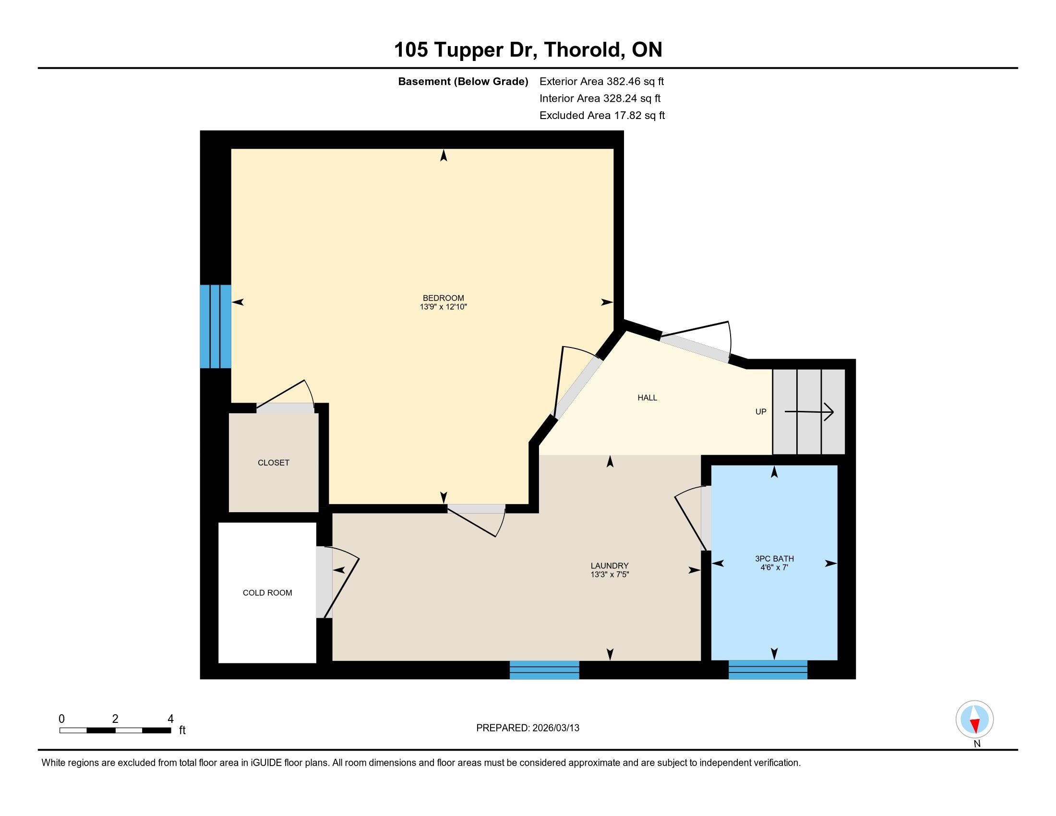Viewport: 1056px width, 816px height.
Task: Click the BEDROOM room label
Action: (443, 298)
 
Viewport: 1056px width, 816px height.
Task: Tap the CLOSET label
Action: (273, 463)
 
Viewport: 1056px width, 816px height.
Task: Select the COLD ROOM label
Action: (267, 593)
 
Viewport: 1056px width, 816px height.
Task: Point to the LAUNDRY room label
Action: (609, 565)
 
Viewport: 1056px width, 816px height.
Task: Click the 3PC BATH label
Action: (774, 558)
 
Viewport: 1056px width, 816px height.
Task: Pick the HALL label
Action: (648, 398)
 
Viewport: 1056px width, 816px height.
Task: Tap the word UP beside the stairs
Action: (761, 412)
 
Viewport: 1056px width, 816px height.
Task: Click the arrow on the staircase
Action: (809, 412)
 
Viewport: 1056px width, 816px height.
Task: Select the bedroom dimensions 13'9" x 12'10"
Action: (443, 307)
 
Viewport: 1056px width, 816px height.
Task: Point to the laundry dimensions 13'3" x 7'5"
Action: (609, 574)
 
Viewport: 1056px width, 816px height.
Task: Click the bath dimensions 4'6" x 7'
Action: (774, 567)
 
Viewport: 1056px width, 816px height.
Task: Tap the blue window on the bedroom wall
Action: (216, 326)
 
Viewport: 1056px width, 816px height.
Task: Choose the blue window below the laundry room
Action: (544, 670)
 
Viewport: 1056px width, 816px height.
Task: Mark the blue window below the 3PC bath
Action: (768, 670)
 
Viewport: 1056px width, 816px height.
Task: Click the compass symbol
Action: (975, 720)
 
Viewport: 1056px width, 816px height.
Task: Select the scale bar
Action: (115, 730)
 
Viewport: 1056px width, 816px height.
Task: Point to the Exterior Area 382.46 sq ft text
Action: (601, 81)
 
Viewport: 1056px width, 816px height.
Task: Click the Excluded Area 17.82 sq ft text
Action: (602, 115)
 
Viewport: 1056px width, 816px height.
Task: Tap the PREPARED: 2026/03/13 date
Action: (528, 728)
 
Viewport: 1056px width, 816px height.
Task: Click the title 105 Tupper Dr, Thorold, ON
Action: (528, 49)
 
